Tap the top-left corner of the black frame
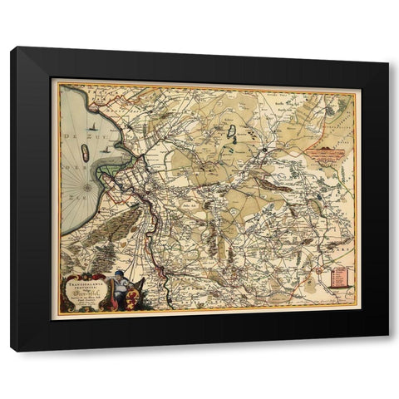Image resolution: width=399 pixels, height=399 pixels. pos(12,48)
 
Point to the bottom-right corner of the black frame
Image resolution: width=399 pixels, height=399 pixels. pos(388,352)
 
